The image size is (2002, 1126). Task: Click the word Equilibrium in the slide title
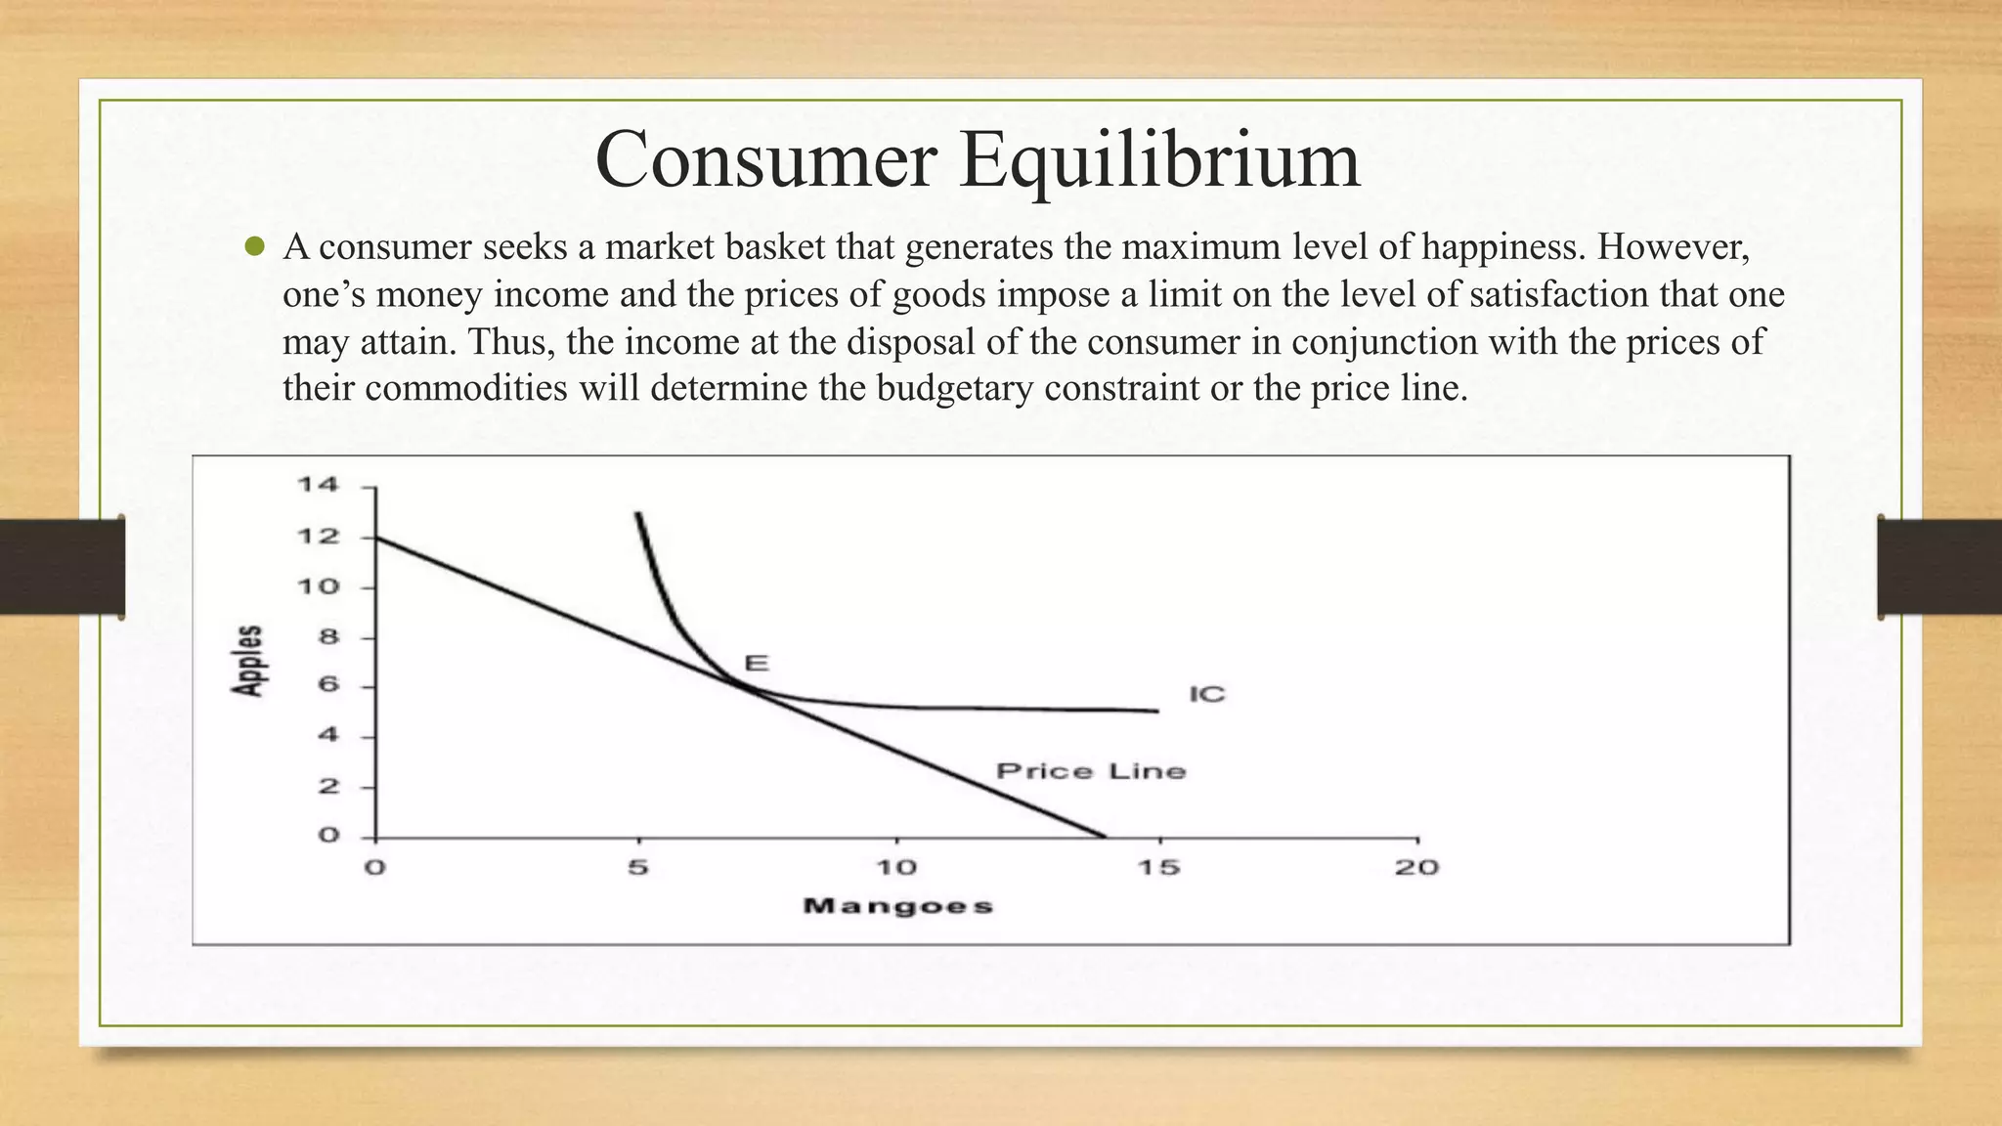(x=1159, y=160)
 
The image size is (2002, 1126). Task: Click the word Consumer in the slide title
(x=765, y=160)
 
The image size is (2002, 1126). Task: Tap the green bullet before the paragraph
(x=255, y=247)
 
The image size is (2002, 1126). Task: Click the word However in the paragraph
(x=1670, y=247)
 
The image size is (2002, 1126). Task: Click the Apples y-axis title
(x=249, y=661)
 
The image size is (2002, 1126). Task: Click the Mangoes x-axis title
(x=897, y=906)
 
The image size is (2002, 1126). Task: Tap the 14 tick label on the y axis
(x=318, y=485)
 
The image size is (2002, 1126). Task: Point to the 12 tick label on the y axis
(x=318, y=537)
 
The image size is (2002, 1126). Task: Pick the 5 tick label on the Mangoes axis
(x=637, y=868)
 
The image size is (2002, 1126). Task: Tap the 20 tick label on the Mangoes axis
(x=1416, y=868)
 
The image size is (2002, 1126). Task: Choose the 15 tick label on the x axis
(x=1158, y=868)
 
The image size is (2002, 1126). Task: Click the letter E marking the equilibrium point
(x=757, y=664)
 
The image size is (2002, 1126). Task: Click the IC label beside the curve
(x=1206, y=695)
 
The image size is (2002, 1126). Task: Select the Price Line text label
(x=1091, y=772)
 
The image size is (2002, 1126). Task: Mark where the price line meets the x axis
(x=1104, y=837)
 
